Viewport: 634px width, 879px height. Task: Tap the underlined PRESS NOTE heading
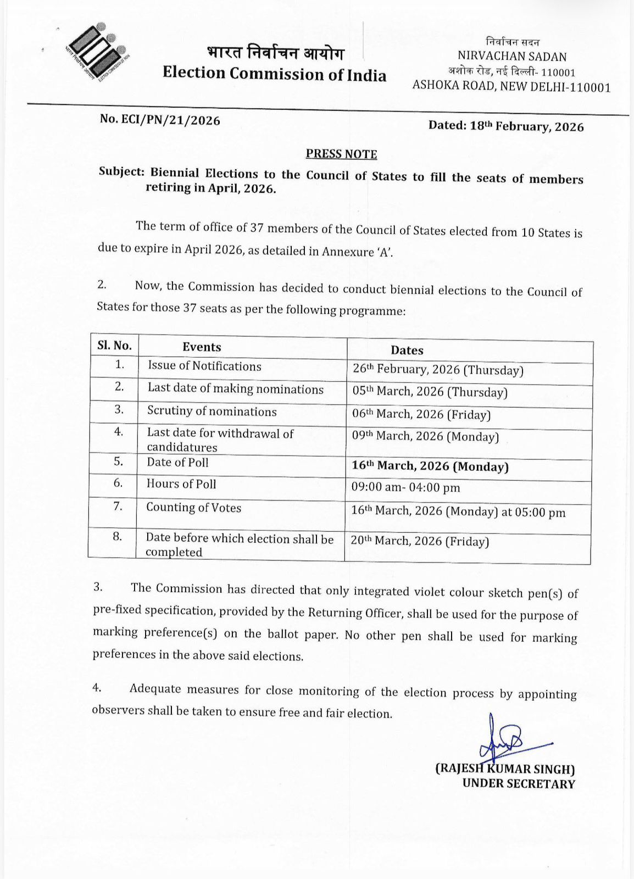pyautogui.click(x=341, y=154)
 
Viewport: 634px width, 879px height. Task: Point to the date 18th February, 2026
pyautogui.click(x=526, y=126)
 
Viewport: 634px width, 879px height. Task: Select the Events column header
pyautogui.click(x=202, y=347)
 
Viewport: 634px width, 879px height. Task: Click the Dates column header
pyautogui.click(x=407, y=351)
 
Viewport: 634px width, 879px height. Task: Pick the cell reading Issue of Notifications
pyautogui.click(x=204, y=366)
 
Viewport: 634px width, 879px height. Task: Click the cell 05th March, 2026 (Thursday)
pyautogui.click(x=430, y=392)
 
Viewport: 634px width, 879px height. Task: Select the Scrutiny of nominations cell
pyautogui.click(x=212, y=411)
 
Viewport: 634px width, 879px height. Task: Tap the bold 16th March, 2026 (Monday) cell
pyautogui.click(x=430, y=466)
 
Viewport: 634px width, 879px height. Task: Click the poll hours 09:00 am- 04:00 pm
pyautogui.click(x=406, y=488)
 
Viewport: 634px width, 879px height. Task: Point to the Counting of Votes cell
pyautogui.click(x=193, y=508)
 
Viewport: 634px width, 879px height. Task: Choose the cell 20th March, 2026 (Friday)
pyautogui.click(x=420, y=541)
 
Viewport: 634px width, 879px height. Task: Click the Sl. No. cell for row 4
pyautogui.click(x=118, y=432)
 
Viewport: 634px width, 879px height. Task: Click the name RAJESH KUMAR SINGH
pyautogui.click(x=505, y=769)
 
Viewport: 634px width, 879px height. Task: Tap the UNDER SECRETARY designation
pyautogui.click(x=518, y=784)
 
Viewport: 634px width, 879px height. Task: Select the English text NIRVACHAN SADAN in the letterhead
pyautogui.click(x=511, y=57)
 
